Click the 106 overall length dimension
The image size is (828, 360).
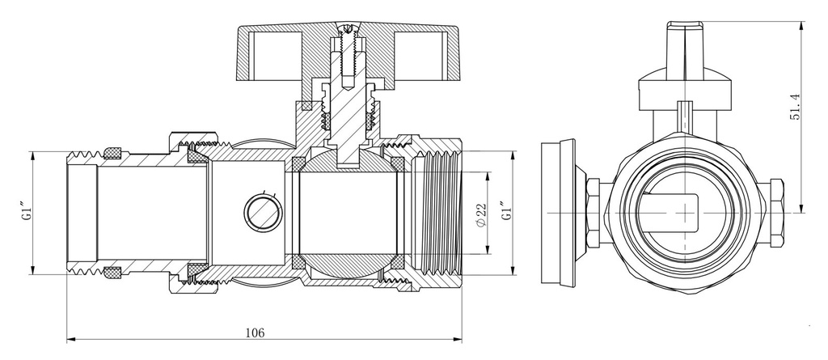tap(255, 332)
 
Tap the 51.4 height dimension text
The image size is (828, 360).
tap(795, 108)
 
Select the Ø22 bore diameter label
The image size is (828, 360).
tap(480, 215)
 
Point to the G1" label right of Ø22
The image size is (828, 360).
tap(507, 210)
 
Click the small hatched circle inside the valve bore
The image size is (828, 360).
tap(263, 213)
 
